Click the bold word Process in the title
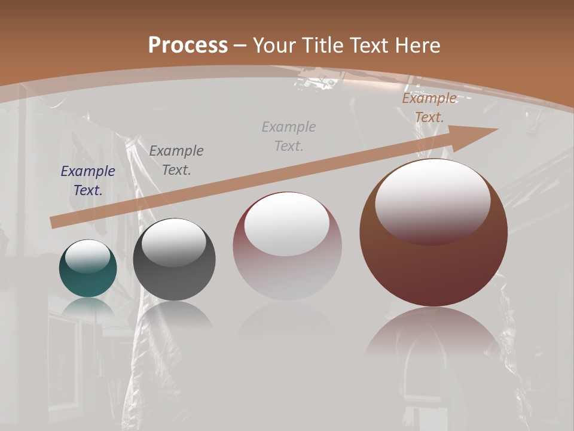[188, 45]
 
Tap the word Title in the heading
[322, 45]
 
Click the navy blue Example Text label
[88, 181]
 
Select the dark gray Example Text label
[176, 160]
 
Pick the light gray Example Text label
[289, 136]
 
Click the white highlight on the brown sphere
[432, 201]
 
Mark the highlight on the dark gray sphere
[173, 242]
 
